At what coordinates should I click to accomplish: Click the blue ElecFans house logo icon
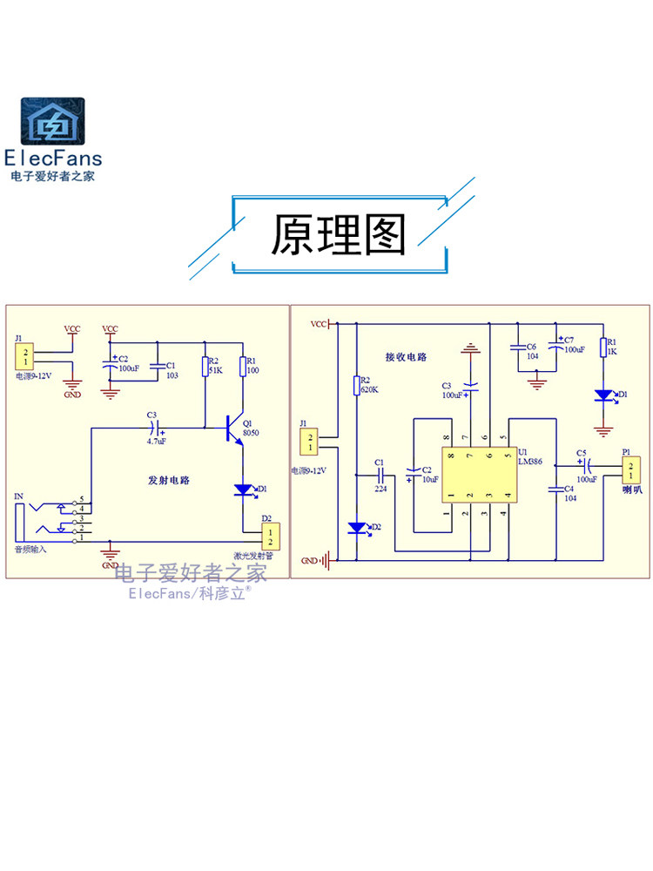point(53,121)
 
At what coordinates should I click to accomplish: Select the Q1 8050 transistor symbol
point(232,428)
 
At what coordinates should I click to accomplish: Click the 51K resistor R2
point(205,366)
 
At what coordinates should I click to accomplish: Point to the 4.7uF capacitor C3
point(157,428)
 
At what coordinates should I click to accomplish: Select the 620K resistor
point(356,385)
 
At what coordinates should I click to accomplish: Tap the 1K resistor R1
point(602,346)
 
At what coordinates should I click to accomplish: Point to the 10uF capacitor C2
point(414,476)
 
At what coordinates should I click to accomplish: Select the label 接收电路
point(407,357)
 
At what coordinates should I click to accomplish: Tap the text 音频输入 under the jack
point(30,550)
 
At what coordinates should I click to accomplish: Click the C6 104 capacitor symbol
point(518,347)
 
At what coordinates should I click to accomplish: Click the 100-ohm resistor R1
point(244,366)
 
